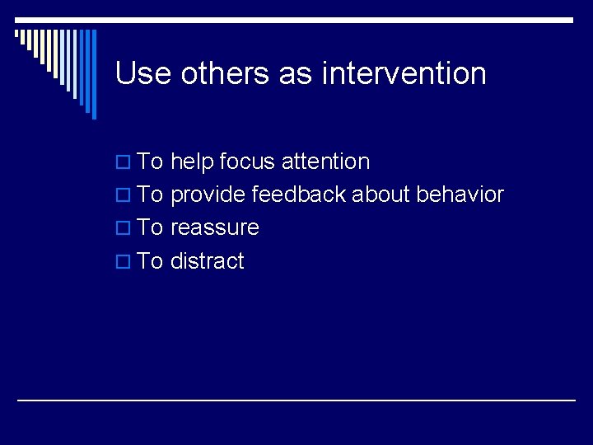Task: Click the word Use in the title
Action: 143,73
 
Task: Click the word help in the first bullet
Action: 192,162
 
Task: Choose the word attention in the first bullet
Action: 325,162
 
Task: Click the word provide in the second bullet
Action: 208,195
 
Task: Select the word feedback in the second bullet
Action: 300,195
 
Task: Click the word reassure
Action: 214,228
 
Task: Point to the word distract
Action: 207,261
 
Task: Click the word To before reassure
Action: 150,228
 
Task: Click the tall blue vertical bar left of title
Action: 93,74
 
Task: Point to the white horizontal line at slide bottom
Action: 296,400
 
